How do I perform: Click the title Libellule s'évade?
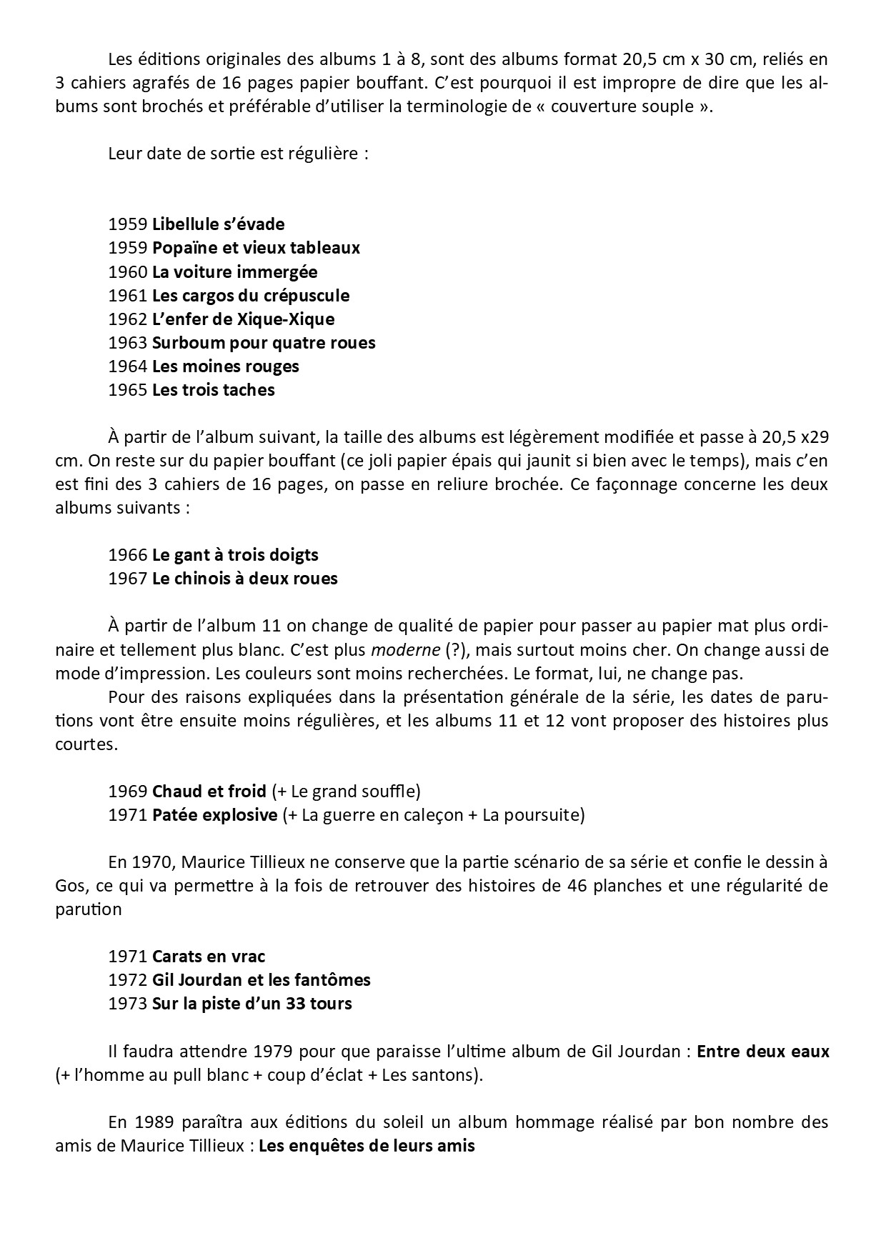pyautogui.click(x=218, y=224)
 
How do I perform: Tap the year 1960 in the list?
pyautogui.click(x=128, y=272)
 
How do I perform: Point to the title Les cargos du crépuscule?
pyautogui.click(x=251, y=296)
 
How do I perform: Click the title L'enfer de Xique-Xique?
pyautogui.click(x=243, y=319)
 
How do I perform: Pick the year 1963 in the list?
pyautogui.click(x=128, y=343)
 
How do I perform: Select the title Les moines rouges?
pyautogui.click(x=225, y=366)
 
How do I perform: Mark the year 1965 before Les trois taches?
pyautogui.click(x=128, y=390)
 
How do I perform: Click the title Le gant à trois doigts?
pyautogui.click(x=235, y=555)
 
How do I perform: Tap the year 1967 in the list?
pyautogui.click(x=128, y=579)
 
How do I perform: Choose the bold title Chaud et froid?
pyautogui.click(x=209, y=792)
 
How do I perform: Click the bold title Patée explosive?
pyautogui.click(x=214, y=815)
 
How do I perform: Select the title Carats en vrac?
pyautogui.click(x=209, y=957)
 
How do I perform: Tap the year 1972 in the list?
pyautogui.click(x=128, y=980)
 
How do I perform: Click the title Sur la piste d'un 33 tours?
pyautogui.click(x=252, y=1004)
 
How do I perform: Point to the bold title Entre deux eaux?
pyautogui.click(x=762, y=1052)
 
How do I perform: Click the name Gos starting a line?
pyautogui.click(x=69, y=887)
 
